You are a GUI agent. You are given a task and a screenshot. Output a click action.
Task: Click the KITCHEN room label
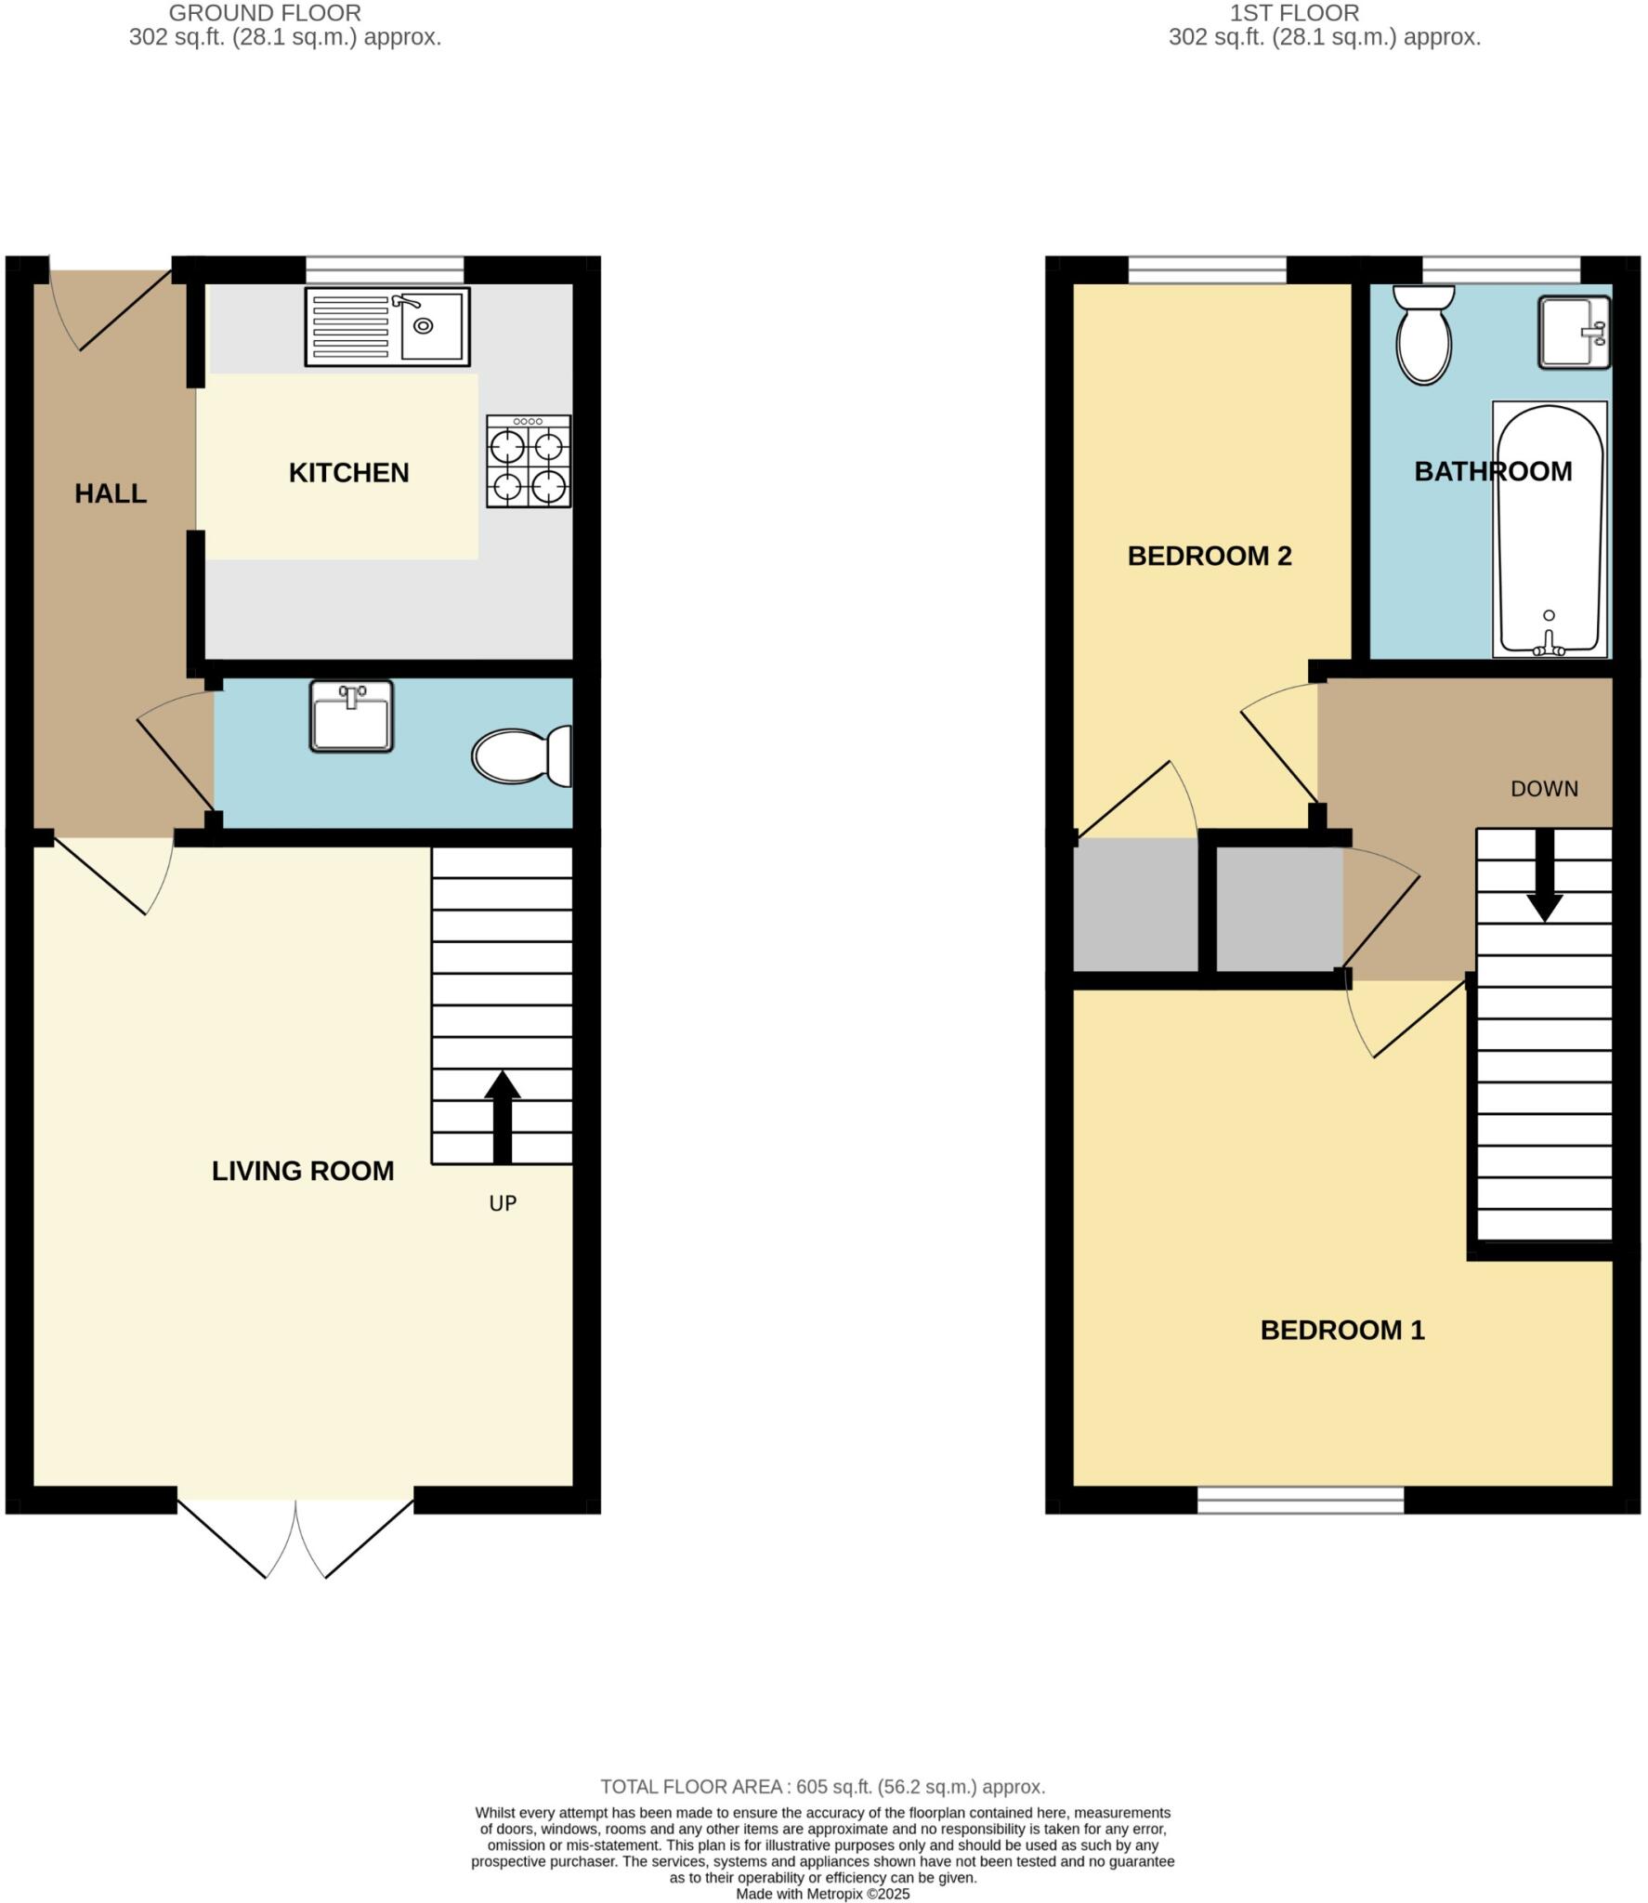[x=348, y=473]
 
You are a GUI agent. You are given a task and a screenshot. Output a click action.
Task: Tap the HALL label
[x=111, y=493]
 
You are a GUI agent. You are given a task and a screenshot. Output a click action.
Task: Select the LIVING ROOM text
[x=303, y=1171]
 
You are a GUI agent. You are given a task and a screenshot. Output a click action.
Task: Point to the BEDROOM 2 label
[x=1210, y=556]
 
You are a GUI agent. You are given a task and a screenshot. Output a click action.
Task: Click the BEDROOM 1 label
[x=1342, y=1330]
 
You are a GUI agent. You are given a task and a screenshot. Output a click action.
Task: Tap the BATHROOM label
[x=1493, y=471]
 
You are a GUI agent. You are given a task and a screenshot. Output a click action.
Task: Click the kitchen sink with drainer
[x=387, y=326]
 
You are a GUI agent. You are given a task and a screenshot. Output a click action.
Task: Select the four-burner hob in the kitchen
[x=529, y=461]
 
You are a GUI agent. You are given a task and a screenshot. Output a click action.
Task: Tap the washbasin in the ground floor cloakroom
[x=351, y=716]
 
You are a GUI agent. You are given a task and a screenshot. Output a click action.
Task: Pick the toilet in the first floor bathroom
[x=1423, y=335]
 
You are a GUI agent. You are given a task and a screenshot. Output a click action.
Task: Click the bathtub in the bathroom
[x=1549, y=529]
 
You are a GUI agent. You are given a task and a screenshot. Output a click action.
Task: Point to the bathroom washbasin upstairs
[x=1573, y=332]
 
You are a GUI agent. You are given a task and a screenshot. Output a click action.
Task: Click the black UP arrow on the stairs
[x=502, y=1116]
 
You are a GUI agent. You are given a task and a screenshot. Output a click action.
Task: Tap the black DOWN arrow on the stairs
[x=1544, y=874]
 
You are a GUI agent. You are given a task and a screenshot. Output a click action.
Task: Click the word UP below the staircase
[x=503, y=1203]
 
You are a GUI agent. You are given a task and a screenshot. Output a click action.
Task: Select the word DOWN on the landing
[x=1544, y=789]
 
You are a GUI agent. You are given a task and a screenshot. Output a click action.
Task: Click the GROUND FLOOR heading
[x=265, y=14]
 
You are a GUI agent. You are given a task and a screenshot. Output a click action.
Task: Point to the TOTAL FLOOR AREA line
[x=822, y=1787]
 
